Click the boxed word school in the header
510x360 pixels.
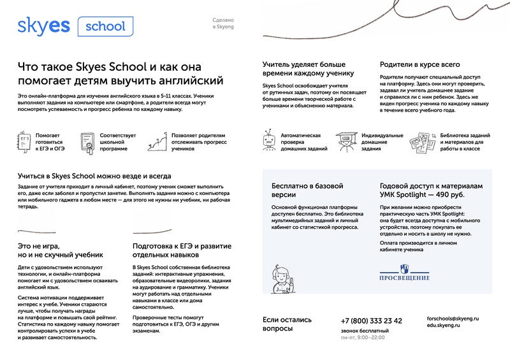[x=105, y=26]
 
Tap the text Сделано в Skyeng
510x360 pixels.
[x=224, y=25]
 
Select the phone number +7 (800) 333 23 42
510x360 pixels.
[x=371, y=320]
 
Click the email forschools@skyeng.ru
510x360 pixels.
[x=453, y=317]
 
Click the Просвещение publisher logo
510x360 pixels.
[x=405, y=274]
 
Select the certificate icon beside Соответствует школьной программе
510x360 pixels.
[x=87, y=140]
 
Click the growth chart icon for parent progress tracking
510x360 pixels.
[x=157, y=140]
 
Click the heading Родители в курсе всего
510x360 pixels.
[x=419, y=64]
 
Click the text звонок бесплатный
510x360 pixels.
[x=364, y=331]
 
